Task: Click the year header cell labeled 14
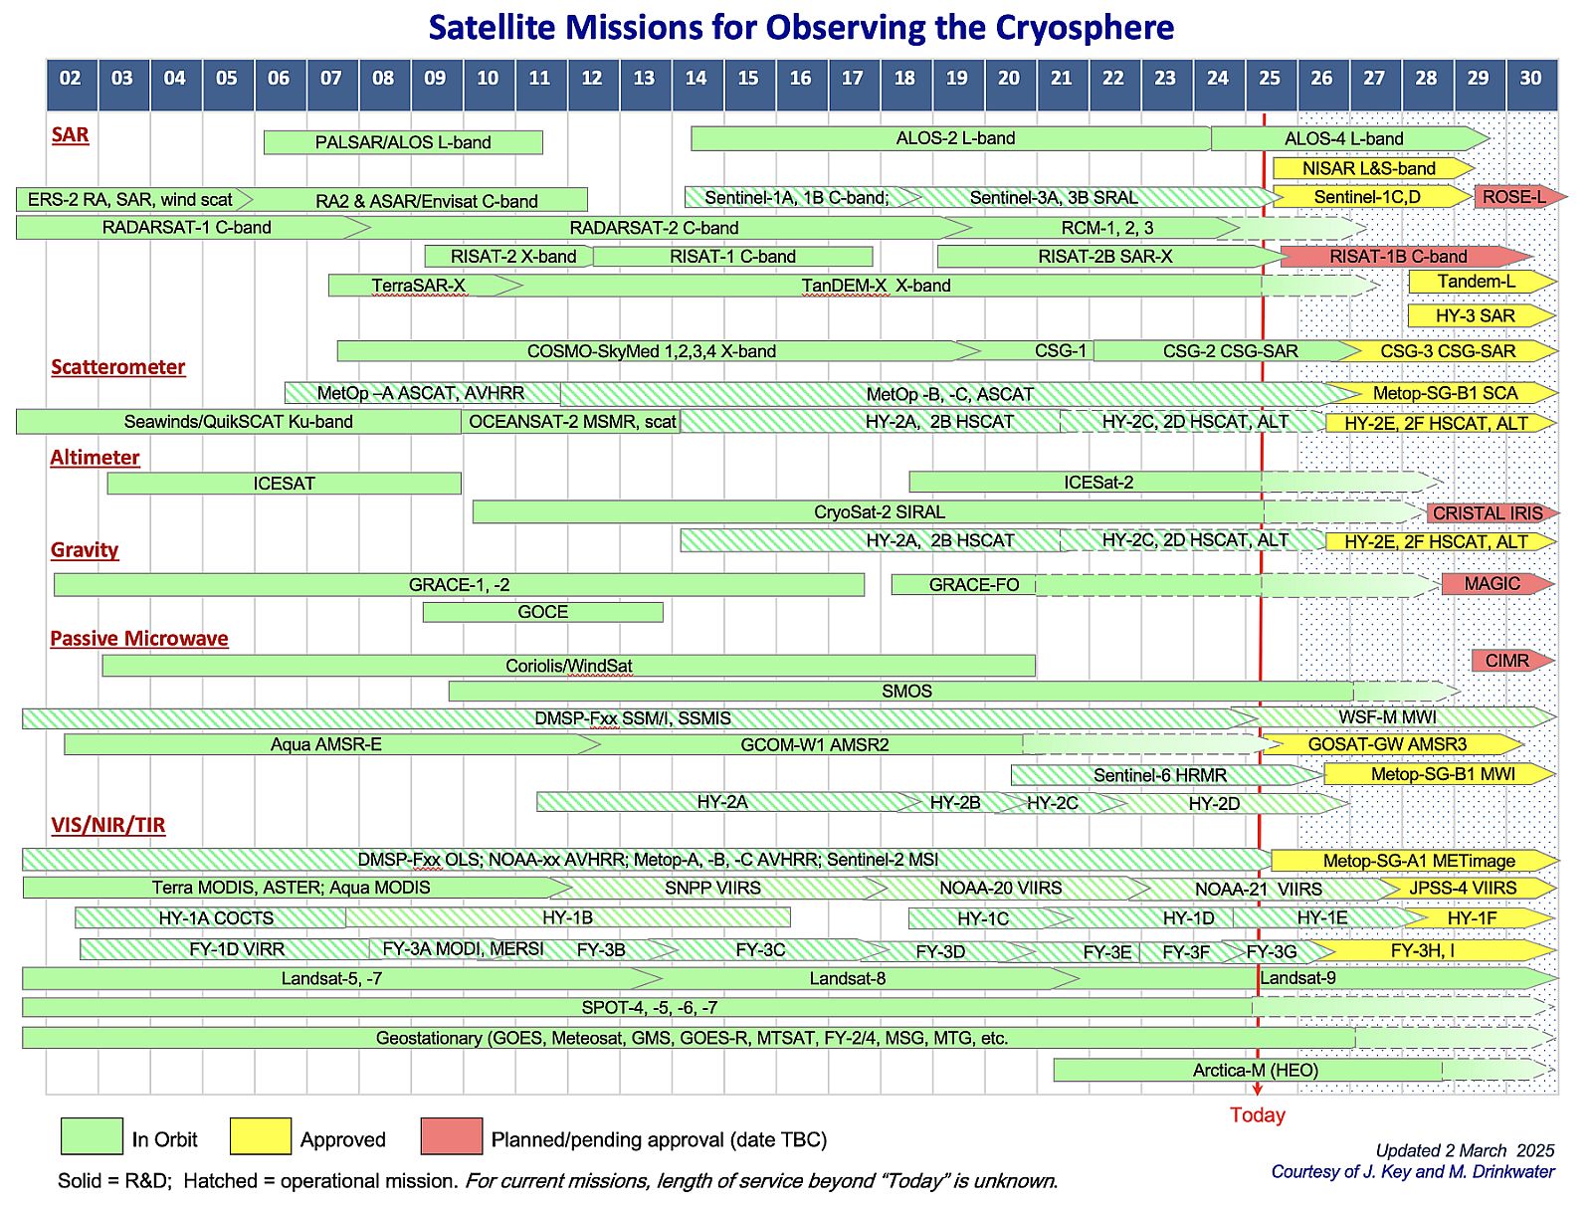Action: coord(696,79)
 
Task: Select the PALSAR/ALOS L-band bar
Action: coord(403,142)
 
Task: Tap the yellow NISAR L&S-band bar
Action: coord(1369,168)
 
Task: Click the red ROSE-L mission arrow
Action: coord(1514,197)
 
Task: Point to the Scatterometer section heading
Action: coord(118,367)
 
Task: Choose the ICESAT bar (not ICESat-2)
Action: coord(284,484)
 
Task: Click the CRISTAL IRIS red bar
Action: coord(1488,513)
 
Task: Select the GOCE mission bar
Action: coord(543,612)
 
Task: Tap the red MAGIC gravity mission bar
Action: coord(1492,584)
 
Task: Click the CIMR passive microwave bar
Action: coord(1507,661)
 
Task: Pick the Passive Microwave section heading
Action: coord(139,639)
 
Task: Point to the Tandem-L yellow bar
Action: coord(1477,283)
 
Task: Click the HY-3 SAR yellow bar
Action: coord(1476,316)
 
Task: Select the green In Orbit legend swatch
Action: coord(92,1136)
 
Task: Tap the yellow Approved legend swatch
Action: coord(260,1136)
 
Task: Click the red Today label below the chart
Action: coord(1258,1115)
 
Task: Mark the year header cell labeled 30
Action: coord(1530,79)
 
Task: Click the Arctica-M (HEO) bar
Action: coord(1256,1071)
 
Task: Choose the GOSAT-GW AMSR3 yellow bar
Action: coord(1387,744)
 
